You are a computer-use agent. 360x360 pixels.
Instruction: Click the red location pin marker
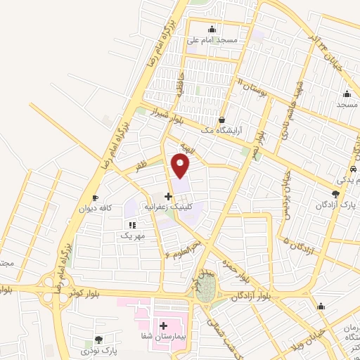(x=181, y=166)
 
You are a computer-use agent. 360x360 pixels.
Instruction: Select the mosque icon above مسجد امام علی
(x=212, y=29)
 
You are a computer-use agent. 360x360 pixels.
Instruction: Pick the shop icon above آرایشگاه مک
(x=222, y=120)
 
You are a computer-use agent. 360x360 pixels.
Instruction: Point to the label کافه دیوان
(x=95, y=209)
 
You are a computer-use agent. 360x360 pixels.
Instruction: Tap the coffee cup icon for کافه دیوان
(x=95, y=198)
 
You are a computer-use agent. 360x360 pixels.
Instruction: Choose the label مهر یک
(x=131, y=236)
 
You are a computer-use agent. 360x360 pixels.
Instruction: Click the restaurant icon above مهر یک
(x=131, y=225)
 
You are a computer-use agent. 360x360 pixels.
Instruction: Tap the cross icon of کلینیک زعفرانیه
(x=167, y=196)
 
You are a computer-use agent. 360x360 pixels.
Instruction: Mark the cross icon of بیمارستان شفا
(x=164, y=326)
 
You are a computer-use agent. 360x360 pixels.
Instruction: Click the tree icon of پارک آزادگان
(x=335, y=194)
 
